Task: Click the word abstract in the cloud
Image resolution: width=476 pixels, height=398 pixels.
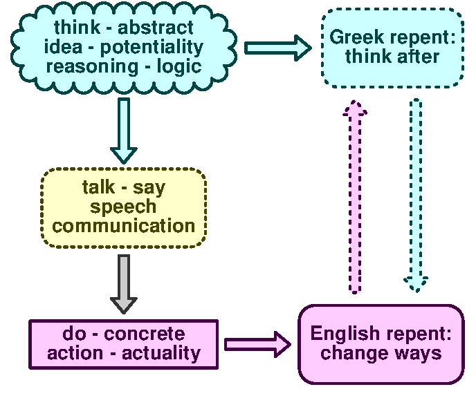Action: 156,28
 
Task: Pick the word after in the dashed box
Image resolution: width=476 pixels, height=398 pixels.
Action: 416,56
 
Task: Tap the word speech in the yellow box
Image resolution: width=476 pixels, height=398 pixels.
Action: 124,207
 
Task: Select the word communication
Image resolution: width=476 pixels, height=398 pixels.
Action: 124,225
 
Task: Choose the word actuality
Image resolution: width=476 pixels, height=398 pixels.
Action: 161,353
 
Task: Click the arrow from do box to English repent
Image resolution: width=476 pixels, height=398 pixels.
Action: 257,344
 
